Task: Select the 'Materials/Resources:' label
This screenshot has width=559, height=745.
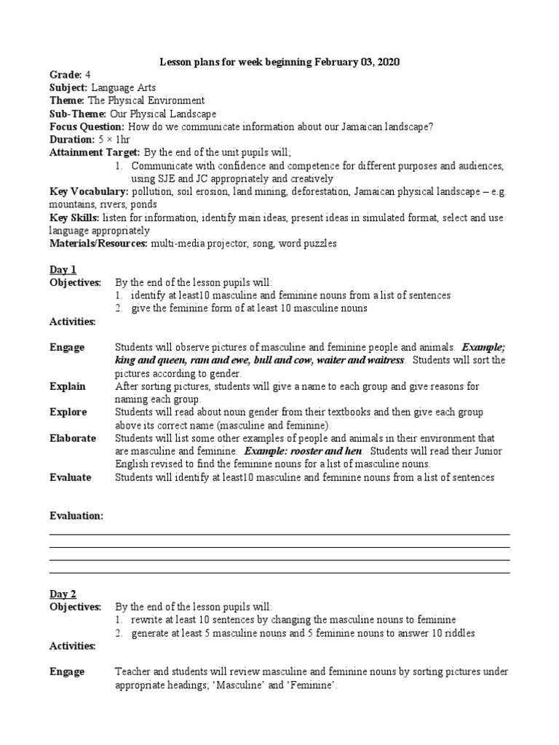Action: pyautogui.click(x=98, y=244)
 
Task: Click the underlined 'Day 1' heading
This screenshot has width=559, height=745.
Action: pyautogui.click(x=63, y=269)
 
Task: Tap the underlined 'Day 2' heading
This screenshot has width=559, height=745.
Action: pyautogui.click(x=63, y=594)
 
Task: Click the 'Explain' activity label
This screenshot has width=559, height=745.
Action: pyautogui.click(x=67, y=386)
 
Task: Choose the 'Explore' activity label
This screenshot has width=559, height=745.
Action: pyautogui.click(x=68, y=412)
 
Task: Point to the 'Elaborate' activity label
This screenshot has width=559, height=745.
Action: pyautogui.click(x=72, y=438)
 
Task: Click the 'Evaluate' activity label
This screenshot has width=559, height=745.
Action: pyautogui.click(x=70, y=477)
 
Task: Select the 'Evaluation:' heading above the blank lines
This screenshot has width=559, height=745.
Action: pyautogui.click(x=76, y=516)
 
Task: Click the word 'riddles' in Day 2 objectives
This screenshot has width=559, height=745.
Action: pyautogui.click(x=459, y=633)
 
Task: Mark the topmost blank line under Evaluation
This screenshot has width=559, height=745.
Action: pyautogui.click(x=279, y=535)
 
